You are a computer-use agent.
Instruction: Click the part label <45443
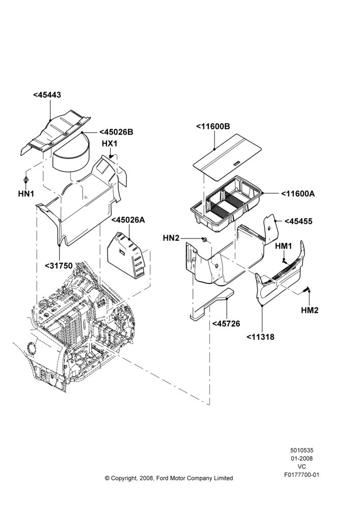pyautogui.click(x=47, y=95)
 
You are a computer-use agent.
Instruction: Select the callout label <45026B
pyautogui.click(x=116, y=132)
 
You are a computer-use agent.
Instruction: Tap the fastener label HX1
pyautogui.click(x=110, y=144)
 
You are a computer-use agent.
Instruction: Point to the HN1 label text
pyautogui.click(x=26, y=194)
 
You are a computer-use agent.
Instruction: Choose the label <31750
pyautogui.click(x=58, y=266)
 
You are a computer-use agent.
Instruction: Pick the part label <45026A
pyautogui.click(x=128, y=220)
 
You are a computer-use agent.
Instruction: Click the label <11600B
pyautogui.click(x=213, y=126)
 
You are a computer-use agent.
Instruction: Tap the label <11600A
pyautogui.click(x=298, y=194)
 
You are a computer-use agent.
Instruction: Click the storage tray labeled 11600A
pyautogui.click(x=227, y=204)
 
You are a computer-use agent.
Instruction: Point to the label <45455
pyautogui.click(x=298, y=221)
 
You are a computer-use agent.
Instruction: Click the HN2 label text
pyautogui.click(x=171, y=238)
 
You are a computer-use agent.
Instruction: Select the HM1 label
pyautogui.click(x=283, y=246)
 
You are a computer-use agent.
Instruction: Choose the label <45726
pyautogui.click(x=226, y=324)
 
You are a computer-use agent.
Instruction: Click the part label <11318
pyautogui.click(x=260, y=337)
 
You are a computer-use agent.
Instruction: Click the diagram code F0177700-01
pyautogui.click(x=302, y=475)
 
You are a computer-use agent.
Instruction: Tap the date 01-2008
pyautogui.click(x=302, y=458)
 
